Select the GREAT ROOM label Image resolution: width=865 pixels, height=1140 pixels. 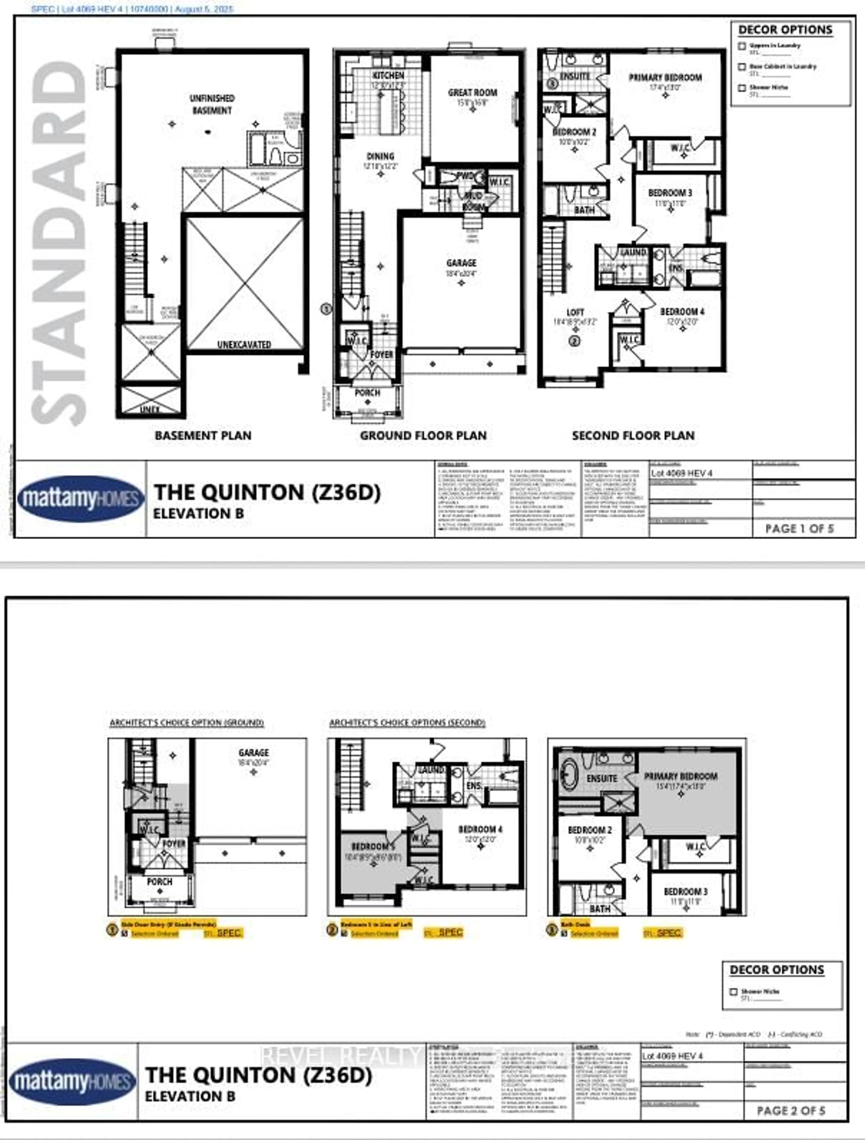472,93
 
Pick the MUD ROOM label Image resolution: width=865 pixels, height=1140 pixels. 473,201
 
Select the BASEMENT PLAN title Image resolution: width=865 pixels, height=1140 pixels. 203,435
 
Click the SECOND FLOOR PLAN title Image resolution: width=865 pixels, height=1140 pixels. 633,435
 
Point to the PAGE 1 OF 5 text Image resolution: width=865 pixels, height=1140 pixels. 799,528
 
